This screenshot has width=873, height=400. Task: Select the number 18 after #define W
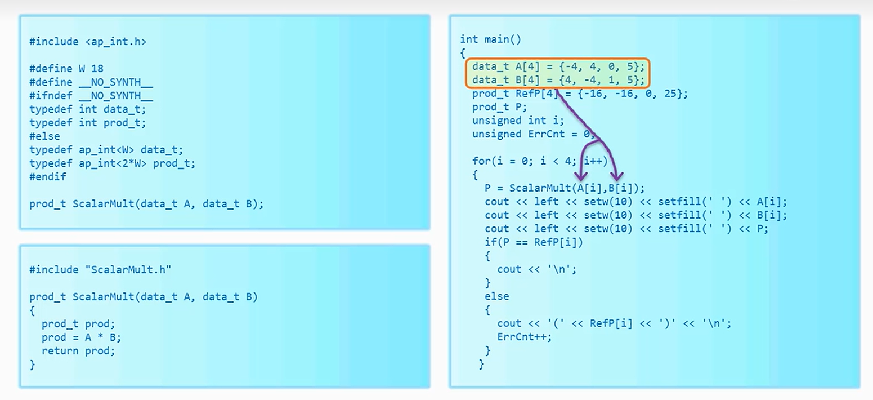pyautogui.click(x=97, y=69)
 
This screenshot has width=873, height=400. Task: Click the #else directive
pyautogui.click(x=44, y=136)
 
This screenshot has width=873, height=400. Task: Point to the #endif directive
pyautogui.click(x=48, y=177)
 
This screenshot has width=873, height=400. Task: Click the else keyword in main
pyautogui.click(x=496, y=296)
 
